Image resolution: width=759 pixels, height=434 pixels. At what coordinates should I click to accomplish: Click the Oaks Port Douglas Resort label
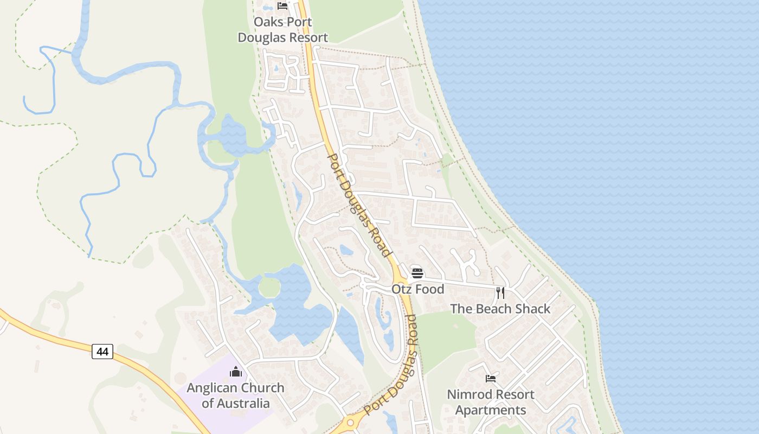[x=283, y=30]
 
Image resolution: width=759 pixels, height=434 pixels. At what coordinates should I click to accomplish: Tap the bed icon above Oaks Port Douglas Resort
[x=282, y=6]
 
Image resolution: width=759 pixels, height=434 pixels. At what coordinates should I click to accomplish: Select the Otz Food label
[x=418, y=289]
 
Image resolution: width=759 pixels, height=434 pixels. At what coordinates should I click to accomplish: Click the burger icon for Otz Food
[x=417, y=273]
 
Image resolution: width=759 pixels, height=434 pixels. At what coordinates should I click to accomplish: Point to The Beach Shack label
[x=500, y=309]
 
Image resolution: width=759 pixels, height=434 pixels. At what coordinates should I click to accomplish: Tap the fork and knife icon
[x=500, y=293]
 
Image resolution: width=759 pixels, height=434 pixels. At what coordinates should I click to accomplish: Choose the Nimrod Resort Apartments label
[x=491, y=402]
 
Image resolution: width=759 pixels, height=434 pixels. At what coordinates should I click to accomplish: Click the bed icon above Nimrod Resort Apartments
[x=491, y=378]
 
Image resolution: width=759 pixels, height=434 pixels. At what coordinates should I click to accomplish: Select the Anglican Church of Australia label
[x=235, y=395]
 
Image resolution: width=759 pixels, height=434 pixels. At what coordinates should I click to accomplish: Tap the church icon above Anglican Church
[x=236, y=372]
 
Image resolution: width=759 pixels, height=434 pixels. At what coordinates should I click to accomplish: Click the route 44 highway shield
[x=102, y=352]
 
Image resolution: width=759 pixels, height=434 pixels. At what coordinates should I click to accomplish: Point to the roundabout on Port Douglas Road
[x=350, y=423]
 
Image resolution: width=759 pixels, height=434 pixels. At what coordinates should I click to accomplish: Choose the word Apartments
[x=491, y=410]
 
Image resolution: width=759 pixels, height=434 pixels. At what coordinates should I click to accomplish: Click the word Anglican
[x=212, y=388]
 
